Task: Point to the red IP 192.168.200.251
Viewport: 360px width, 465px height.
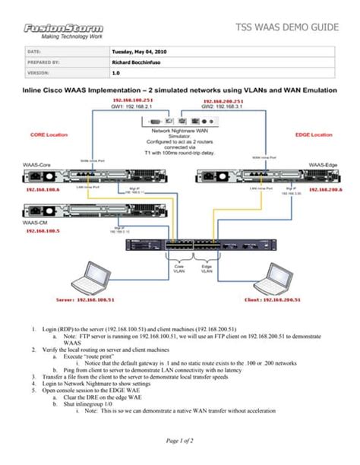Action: pos(223,100)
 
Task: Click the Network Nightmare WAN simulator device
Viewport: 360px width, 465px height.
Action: pos(180,120)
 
